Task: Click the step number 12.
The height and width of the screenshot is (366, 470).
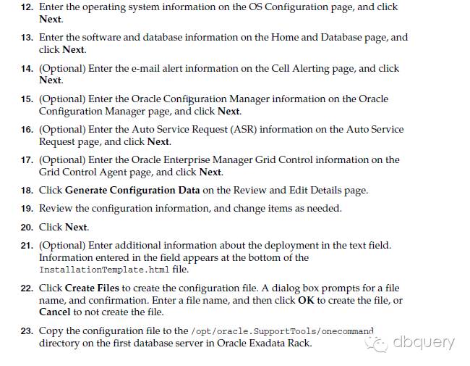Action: click(26, 7)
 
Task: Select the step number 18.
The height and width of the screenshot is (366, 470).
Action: click(26, 190)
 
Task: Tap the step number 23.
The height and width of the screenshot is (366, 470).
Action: click(26, 330)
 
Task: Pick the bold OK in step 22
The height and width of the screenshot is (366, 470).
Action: click(307, 300)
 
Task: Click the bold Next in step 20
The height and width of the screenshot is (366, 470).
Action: click(76, 227)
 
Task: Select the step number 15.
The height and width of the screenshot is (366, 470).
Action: click(26, 99)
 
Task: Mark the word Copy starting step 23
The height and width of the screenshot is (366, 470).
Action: click(51, 330)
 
